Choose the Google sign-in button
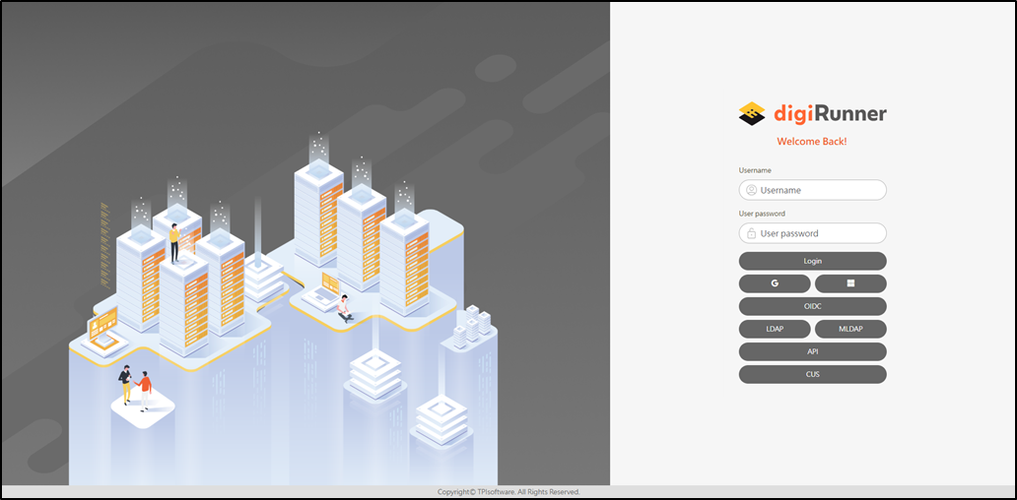(775, 283)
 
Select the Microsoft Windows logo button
(850, 283)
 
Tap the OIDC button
(812, 306)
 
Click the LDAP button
(775, 329)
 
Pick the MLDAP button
(850, 329)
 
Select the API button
(812, 351)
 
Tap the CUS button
(812, 374)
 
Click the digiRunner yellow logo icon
(752, 114)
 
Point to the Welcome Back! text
(811, 142)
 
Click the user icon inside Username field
(751, 190)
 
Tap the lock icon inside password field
(751, 233)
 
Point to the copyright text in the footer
(508, 491)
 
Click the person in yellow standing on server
(174, 242)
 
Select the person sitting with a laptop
(344, 308)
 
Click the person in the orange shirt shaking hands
(146, 387)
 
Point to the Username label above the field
(755, 170)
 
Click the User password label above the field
(762, 214)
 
